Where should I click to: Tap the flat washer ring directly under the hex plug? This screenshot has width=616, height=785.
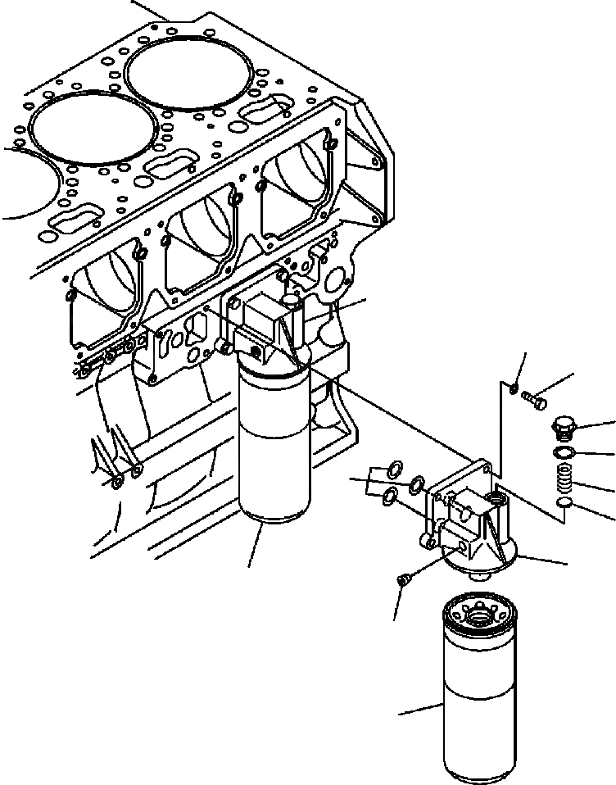point(563,452)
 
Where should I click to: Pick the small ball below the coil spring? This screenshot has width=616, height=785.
point(563,501)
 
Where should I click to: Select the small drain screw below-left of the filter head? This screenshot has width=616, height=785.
point(402,579)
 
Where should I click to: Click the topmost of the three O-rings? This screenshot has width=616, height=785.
point(393,469)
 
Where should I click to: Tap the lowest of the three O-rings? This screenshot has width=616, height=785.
point(392,493)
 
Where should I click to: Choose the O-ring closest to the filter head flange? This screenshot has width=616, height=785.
point(418,483)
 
